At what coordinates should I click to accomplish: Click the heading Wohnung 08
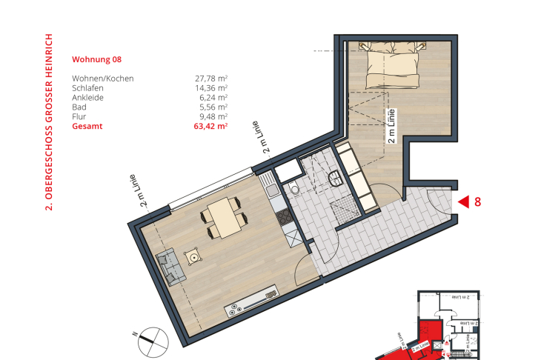coord(96,59)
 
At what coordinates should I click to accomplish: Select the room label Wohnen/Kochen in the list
coord(102,78)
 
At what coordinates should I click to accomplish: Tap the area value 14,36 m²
coord(210,87)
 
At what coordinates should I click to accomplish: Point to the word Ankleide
coord(88,97)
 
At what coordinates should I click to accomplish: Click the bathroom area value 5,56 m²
coord(213,107)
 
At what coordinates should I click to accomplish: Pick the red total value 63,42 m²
coord(210,127)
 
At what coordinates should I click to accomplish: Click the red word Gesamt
coord(87,127)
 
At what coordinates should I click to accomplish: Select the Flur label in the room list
coord(79,116)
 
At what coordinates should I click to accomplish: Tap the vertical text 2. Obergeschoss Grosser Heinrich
coord(50,122)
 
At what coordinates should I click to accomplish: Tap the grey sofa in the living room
coord(170,267)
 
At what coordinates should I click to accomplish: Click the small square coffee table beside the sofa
coord(195,258)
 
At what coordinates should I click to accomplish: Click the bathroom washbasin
coord(337,178)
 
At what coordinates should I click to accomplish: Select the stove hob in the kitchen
coord(283,217)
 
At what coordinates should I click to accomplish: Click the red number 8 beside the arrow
coord(478,201)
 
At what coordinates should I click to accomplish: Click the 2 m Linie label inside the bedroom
coord(391,126)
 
